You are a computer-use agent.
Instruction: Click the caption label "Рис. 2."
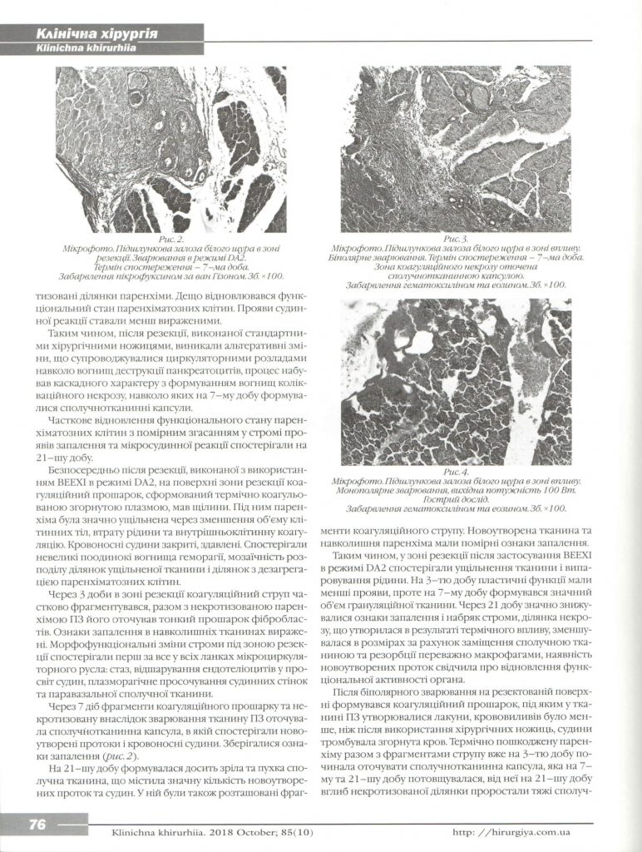[x=170, y=239]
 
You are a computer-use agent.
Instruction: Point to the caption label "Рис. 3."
[x=455, y=239]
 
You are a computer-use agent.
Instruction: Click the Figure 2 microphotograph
[x=170, y=150]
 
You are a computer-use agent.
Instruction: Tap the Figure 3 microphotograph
[x=455, y=150]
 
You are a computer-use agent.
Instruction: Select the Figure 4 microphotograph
[x=455, y=382]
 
